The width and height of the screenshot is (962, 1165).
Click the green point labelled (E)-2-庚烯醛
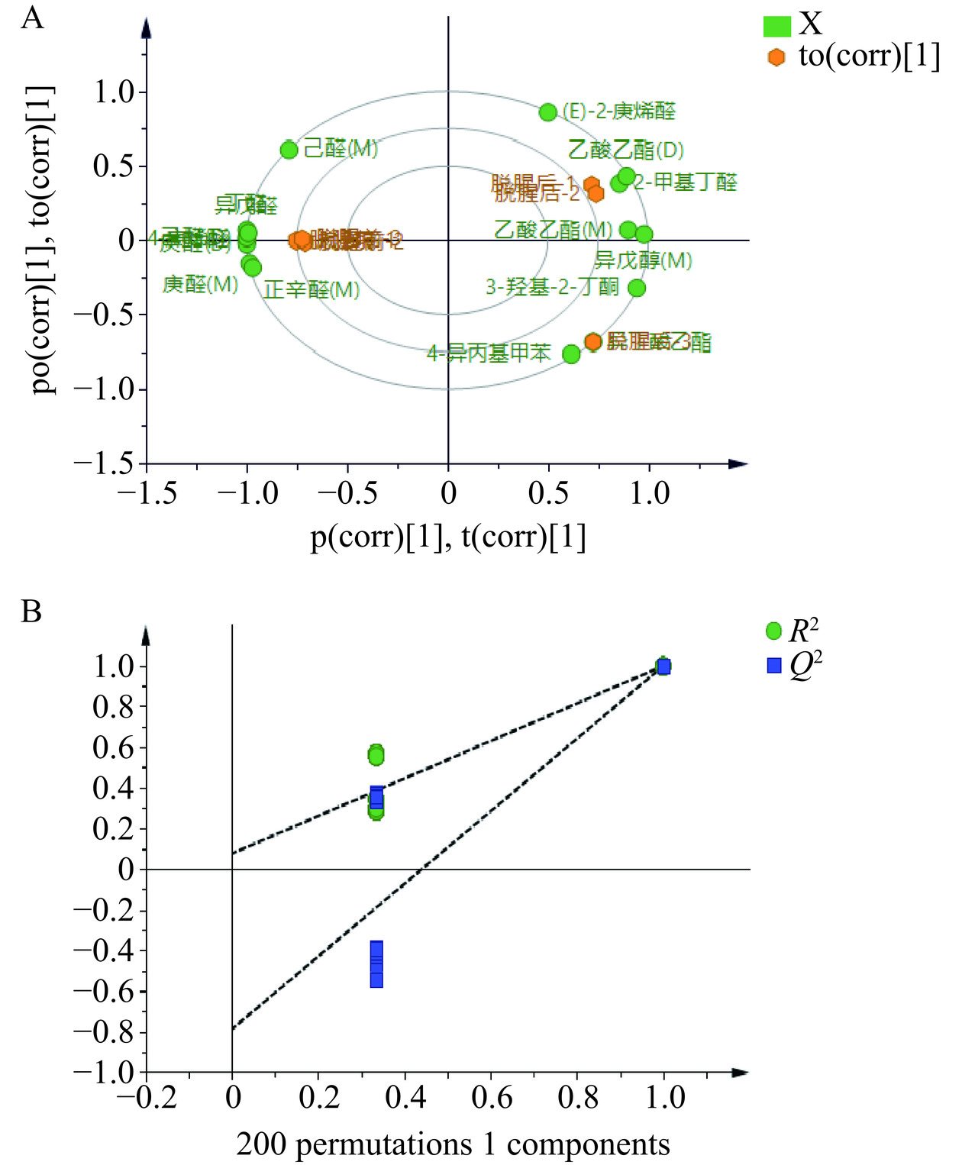[x=547, y=112]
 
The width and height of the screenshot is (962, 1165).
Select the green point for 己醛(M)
[x=289, y=150]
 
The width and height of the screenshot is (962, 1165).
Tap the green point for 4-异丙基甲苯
[x=571, y=353]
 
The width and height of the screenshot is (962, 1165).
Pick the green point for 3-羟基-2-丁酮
[x=637, y=288]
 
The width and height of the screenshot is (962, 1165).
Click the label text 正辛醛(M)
[x=312, y=290]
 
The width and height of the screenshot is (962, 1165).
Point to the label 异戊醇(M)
[x=643, y=260]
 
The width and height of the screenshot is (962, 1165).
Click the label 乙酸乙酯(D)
[x=625, y=150]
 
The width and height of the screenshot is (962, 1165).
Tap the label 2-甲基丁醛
[x=686, y=182]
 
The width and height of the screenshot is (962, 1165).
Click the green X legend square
[x=776, y=26]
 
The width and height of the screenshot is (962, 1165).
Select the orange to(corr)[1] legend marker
[x=776, y=57]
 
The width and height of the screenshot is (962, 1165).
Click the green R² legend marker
[x=773, y=631]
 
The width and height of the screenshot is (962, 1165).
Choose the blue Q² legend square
[x=774, y=666]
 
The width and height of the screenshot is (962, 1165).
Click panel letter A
[x=32, y=17]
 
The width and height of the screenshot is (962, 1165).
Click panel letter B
[x=31, y=612]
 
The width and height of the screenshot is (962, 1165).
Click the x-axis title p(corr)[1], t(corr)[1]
[x=448, y=537]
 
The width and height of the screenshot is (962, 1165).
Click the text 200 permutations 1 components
[x=453, y=1144]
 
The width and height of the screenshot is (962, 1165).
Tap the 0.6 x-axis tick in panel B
[x=492, y=1098]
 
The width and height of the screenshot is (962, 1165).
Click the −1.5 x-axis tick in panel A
[x=147, y=492]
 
